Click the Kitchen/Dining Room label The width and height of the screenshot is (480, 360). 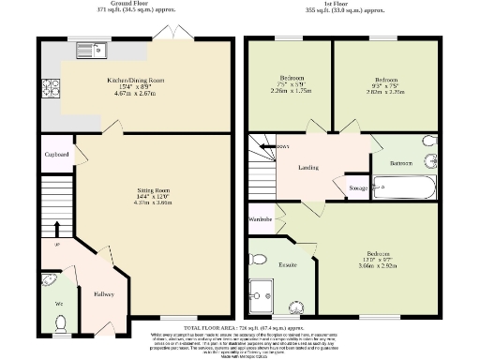tap(138, 81)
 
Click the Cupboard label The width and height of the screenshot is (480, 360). tap(57, 155)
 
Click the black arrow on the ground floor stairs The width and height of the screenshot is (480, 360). tap(55, 228)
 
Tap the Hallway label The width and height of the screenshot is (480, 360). tap(103, 293)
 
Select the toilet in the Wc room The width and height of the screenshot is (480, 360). tap(60, 322)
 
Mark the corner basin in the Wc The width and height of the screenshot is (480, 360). tap(49, 279)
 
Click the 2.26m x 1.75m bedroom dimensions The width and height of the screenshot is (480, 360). tap(291, 92)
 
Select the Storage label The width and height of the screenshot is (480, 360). tap(357, 188)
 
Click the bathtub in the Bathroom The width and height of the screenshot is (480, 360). tap(405, 186)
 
